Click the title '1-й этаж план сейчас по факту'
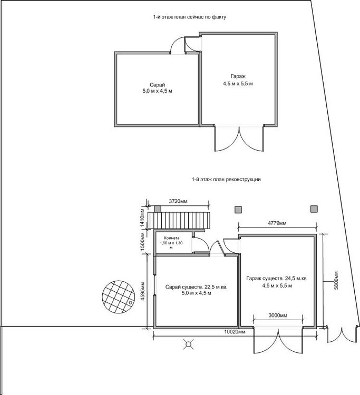[190, 17]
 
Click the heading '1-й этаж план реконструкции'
[227, 180]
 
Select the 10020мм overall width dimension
[236, 333]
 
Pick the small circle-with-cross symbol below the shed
[187, 345]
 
